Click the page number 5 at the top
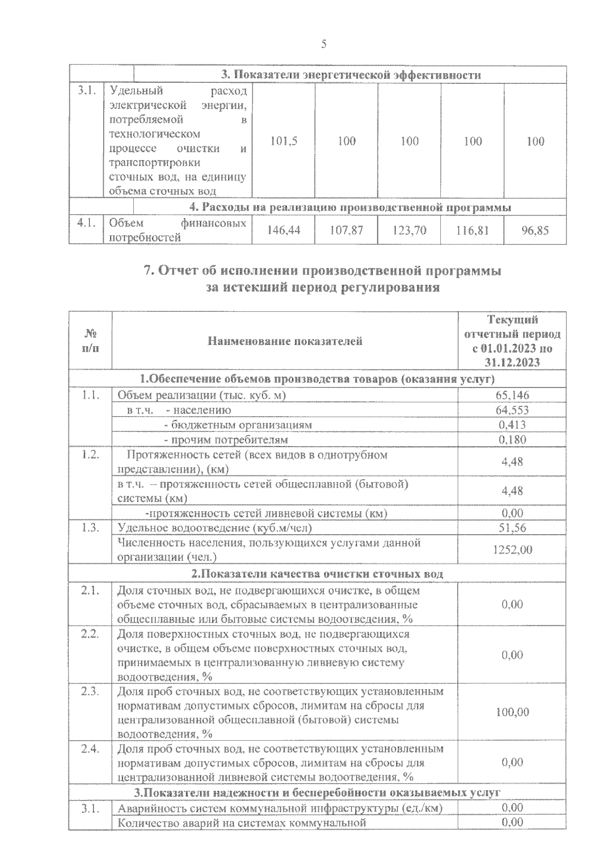pyautogui.click(x=323, y=44)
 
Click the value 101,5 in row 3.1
pyautogui.click(x=284, y=141)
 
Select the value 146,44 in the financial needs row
pyautogui.click(x=284, y=231)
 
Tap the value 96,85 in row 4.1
pyautogui.click(x=535, y=231)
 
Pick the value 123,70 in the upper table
pyautogui.click(x=409, y=231)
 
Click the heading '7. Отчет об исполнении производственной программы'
pyautogui.click(x=322, y=271)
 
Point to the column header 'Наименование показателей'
pyautogui.click(x=285, y=341)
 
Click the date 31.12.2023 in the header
pyautogui.click(x=512, y=362)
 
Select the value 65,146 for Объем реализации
pyautogui.click(x=512, y=395)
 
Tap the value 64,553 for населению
pyautogui.click(x=512, y=410)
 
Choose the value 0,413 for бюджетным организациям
pyautogui.click(x=512, y=425)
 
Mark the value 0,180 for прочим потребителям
pyautogui.click(x=512, y=440)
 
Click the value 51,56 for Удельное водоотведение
pyautogui.click(x=512, y=528)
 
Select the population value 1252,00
pyautogui.click(x=512, y=550)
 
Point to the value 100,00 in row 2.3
pyautogui.click(x=512, y=712)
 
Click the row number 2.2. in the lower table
pyautogui.click(x=89, y=634)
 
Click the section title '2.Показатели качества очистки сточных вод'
pyautogui.click(x=317, y=574)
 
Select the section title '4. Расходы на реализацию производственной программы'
pyautogui.click(x=350, y=208)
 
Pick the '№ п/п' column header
pyautogui.click(x=90, y=341)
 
